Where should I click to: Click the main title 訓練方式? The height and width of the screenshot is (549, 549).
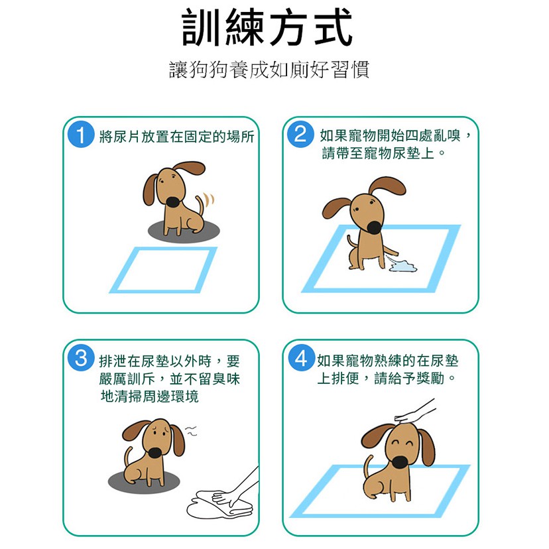[267, 27]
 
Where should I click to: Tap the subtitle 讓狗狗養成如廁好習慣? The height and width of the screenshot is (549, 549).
[269, 70]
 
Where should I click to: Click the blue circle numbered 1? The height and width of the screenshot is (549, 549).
[81, 135]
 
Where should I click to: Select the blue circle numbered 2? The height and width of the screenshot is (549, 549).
[300, 134]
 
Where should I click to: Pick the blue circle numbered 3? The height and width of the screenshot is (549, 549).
[81, 358]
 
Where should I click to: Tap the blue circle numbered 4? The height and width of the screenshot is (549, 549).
[301, 357]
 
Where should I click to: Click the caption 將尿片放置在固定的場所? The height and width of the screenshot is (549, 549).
[176, 136]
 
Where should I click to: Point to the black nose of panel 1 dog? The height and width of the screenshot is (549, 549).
[173, 202]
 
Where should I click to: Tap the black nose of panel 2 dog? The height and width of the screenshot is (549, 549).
[375, 227]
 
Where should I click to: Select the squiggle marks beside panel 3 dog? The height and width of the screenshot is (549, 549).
[191, 431]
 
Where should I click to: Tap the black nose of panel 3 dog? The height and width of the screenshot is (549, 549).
[154, 453]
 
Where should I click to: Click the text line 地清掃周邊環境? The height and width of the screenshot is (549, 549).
[149, 396]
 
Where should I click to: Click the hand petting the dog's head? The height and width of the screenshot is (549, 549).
[415, 412]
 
